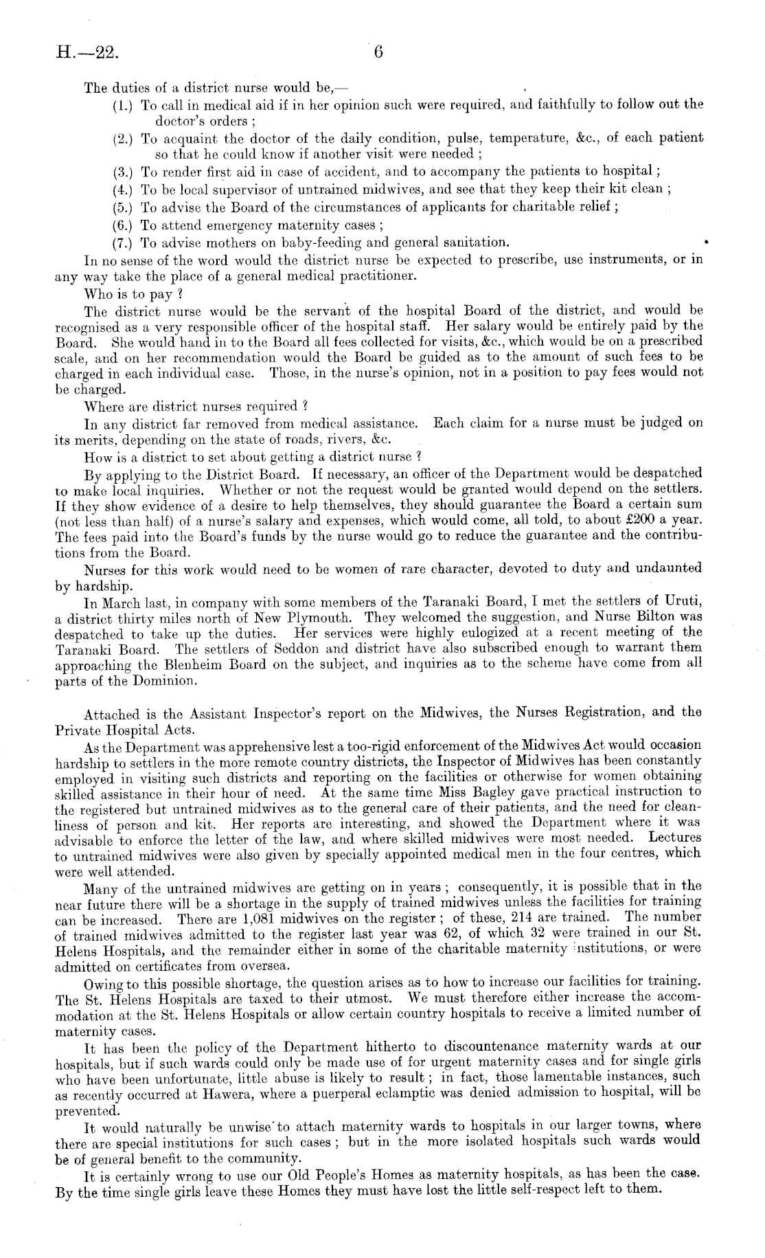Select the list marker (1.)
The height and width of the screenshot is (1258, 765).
tap(124, 106)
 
